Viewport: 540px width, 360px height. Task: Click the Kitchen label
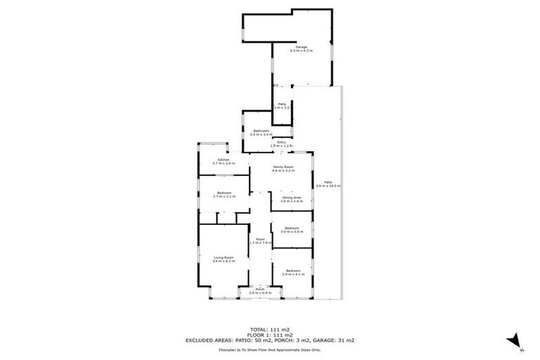(224, 160)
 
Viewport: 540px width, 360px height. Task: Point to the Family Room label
(283, 167)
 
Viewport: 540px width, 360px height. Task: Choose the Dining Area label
(292, 198)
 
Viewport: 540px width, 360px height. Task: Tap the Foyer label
(260, 240)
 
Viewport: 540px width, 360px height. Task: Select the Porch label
(260, 289)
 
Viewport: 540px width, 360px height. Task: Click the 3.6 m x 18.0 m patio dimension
(328, 186)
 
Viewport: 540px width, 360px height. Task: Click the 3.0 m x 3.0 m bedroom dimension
(291, 231)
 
